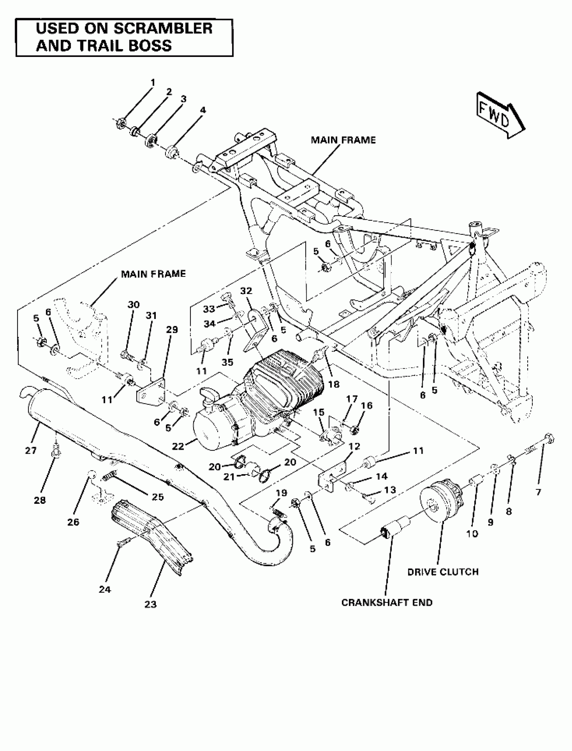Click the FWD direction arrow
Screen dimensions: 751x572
click(500, 115)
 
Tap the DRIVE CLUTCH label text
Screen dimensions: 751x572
click(442, 572)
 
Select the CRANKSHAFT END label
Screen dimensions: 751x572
click(387, 602)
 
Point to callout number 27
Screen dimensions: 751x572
click(31, 451)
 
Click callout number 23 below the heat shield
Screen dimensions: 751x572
click(150, 604)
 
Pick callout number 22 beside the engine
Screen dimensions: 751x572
click(178, 446)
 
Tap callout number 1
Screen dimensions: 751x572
click(152, 83)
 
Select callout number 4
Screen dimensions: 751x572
click(203, 110)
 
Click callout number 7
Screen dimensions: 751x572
click(538, 492)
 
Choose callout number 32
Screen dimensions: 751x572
click(246, 291)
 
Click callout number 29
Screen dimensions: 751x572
click(172, 329)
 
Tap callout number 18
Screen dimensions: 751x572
click(334, 384)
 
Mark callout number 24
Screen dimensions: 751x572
click(105, 589)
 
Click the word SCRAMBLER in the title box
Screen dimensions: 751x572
click(163, 29)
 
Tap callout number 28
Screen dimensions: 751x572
click(39, 500)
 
